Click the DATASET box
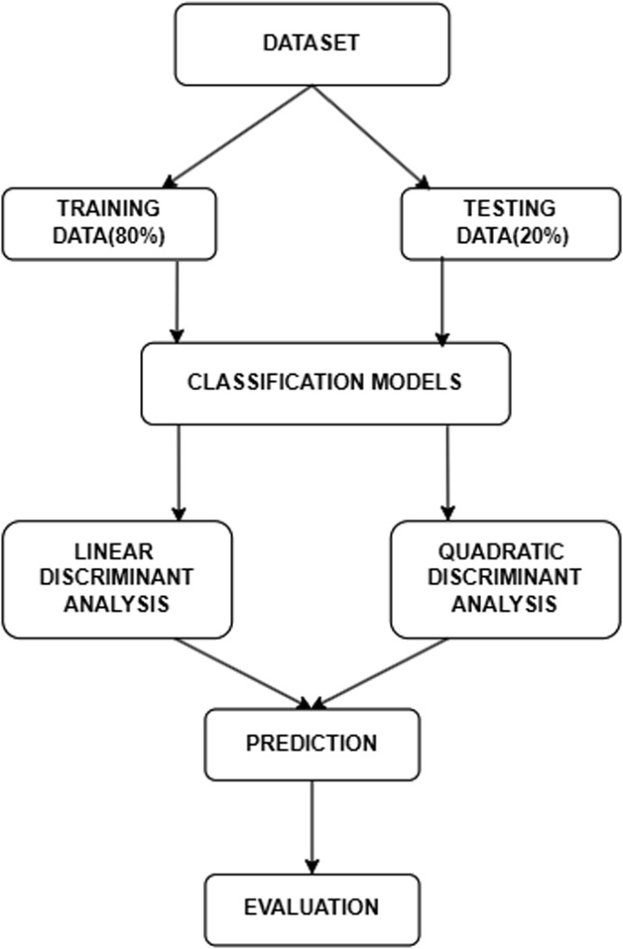(312, 44)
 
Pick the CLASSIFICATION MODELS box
(325, 382)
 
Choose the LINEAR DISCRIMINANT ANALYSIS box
(118, 578)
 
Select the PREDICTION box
(312, 743)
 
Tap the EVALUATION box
(312, 906)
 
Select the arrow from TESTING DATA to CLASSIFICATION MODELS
(442, 300)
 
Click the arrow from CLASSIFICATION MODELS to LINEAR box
(178, 471)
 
